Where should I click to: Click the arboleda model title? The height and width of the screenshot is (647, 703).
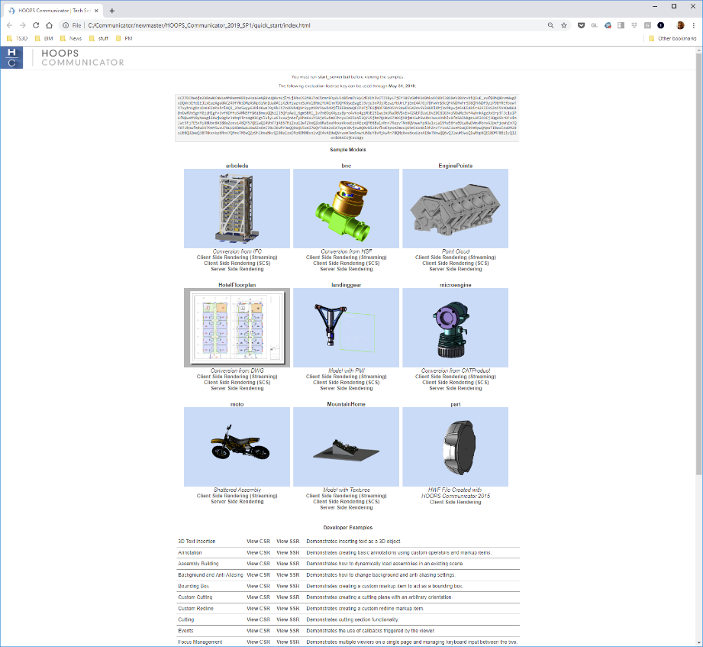237,165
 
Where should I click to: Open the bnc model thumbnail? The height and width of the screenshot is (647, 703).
346,208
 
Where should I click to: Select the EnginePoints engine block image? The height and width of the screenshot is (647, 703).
454,208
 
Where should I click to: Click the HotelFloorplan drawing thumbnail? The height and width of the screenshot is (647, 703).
237,327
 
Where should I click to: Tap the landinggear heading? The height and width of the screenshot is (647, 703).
346,284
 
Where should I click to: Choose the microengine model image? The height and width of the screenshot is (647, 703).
454,327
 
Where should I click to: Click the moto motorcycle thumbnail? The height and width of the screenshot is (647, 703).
237,446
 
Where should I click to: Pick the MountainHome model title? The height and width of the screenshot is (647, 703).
346,403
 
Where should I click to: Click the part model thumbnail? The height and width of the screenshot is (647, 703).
454,446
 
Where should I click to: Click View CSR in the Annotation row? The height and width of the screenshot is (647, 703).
258,552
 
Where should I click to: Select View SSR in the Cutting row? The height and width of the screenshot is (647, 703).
288,620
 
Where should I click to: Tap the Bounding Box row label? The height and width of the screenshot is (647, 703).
193,586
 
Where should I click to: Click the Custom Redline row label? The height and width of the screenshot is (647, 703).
196,608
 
